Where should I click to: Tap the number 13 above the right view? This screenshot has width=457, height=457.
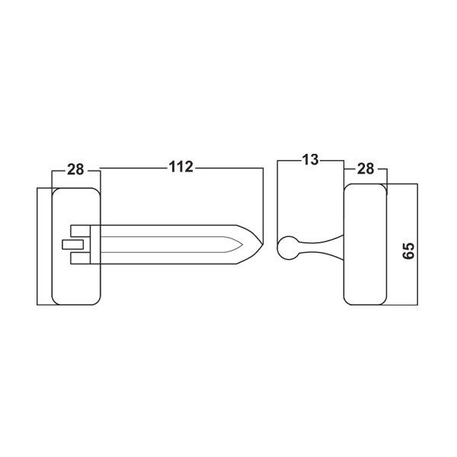point(310,161)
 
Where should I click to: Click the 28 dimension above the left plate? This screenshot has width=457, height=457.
point(75,168)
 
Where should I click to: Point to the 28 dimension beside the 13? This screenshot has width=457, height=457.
point(366,168)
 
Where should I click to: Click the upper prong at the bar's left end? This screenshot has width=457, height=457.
point(79,230)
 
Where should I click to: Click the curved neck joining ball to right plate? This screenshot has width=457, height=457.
point(320,245)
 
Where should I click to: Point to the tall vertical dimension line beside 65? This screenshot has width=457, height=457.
point(418,244)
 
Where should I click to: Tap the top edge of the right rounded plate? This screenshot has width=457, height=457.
point(366,184)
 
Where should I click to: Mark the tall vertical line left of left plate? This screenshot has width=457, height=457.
point(37,244)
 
